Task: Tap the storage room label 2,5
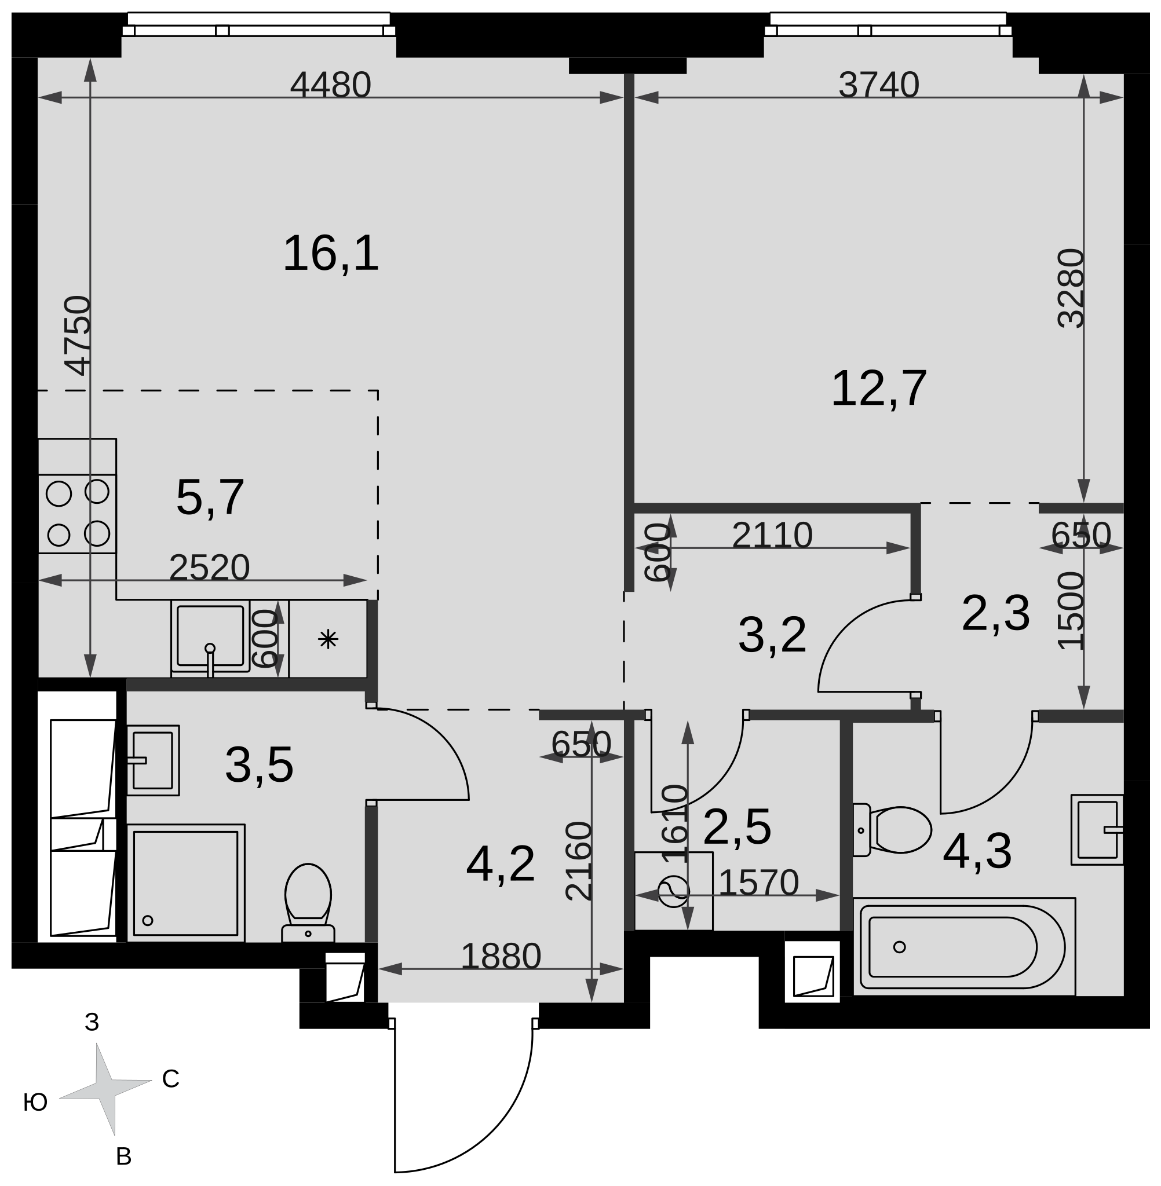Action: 744,836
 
